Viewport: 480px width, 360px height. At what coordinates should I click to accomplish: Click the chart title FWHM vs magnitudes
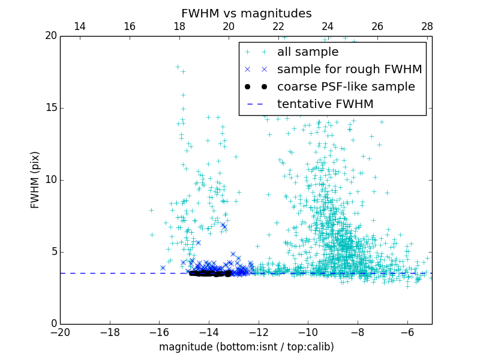coord(246,13)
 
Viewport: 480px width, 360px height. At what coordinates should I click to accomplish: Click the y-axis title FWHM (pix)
coord(35,179)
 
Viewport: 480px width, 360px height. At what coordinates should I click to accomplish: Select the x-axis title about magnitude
coord(246,347)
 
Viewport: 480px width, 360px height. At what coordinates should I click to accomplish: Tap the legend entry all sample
coord(307,52)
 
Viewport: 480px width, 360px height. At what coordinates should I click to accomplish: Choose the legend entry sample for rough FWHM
coord(349,70)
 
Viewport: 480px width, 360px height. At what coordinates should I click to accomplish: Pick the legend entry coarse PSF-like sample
coord(346,87)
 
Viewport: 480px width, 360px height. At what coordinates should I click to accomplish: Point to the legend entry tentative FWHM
coord(325,104)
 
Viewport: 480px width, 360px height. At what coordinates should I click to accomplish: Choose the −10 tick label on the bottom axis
coord(308,332)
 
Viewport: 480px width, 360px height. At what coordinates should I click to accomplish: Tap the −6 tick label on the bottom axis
coord(407,332)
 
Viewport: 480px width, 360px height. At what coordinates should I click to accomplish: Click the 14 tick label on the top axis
coord(80,26)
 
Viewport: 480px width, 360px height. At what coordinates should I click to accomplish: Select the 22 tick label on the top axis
coord(278,26)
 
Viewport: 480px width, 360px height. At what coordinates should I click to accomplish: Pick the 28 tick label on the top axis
coord(427,26)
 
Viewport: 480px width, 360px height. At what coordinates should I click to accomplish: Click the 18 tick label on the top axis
coord(179,26)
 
